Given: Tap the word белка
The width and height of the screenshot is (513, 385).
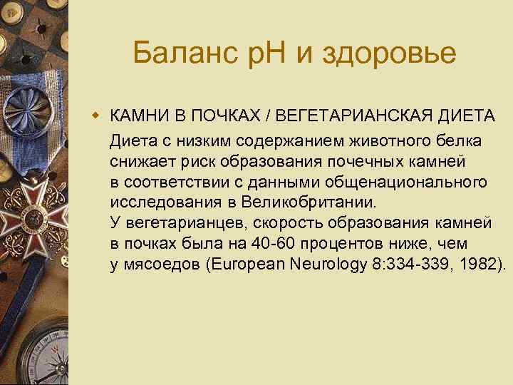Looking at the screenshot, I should pos(461,140).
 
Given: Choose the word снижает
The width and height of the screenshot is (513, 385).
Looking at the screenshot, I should pos(139,161).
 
